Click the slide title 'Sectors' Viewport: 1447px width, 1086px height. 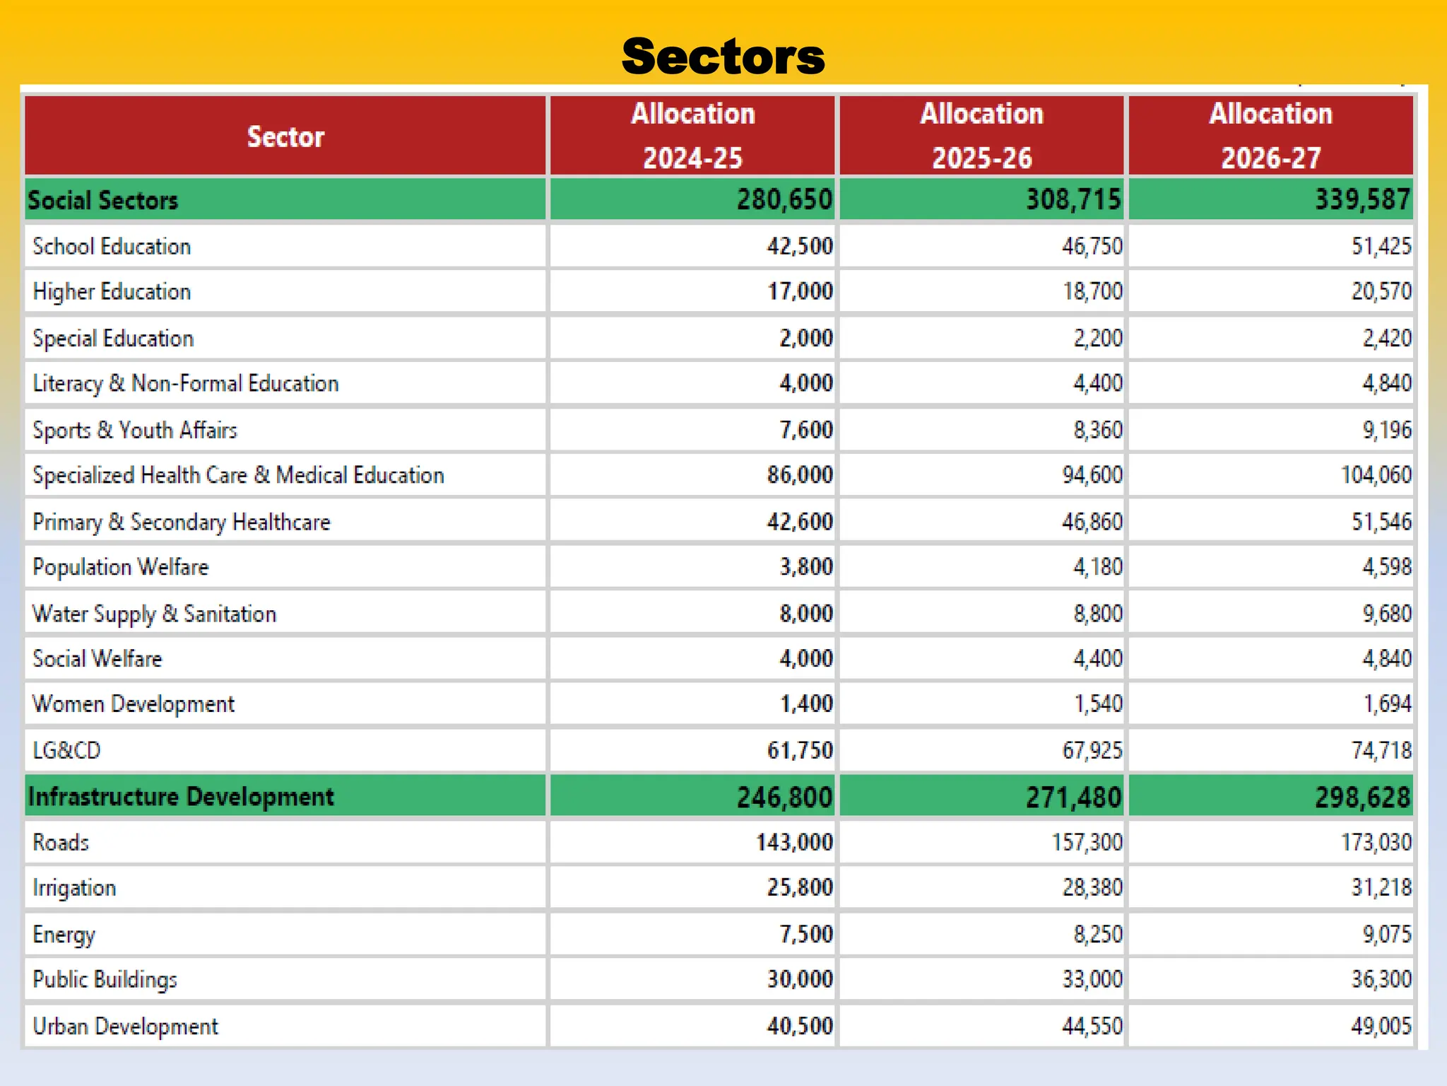tap(723, 57)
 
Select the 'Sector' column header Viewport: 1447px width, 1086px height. tap(285, 136)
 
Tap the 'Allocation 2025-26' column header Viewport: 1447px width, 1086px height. tap(981, 135)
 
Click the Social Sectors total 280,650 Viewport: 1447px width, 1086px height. tap(784, 200)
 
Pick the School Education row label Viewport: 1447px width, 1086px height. tap(112, 247)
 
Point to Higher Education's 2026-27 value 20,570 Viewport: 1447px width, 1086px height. tap(1381, 291)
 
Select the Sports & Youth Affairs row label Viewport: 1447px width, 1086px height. tap(135, 430)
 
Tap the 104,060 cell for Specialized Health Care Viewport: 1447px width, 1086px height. tap(1376, 475)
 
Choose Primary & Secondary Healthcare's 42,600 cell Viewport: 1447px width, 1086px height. tap(800, 522)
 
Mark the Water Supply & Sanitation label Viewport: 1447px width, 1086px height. tap(154, 614)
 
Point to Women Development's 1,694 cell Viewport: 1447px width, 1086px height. tap(1386, 704)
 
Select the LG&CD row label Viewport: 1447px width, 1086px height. tap(67, 750)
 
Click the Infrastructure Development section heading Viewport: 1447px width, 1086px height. tap(181, 797)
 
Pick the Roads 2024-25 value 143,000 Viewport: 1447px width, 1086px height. tap(794, 842)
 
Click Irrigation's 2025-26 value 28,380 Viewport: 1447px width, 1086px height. tap(1092, 887)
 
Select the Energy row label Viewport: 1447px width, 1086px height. tap(64, 934)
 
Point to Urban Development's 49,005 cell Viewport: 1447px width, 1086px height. tap(1381, 1026)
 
